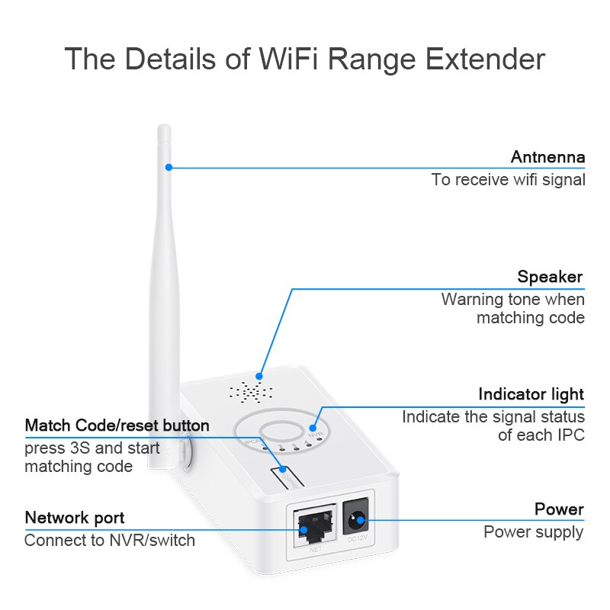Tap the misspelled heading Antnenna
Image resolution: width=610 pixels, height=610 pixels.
(x=547, y=157)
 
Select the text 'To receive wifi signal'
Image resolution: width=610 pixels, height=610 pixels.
(x=508, y=180)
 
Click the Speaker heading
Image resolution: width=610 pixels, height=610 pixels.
(x=550, y=277)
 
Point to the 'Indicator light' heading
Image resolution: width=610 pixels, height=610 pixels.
(x=531, y=394)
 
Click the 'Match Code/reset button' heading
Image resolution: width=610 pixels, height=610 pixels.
(x=117, y=425)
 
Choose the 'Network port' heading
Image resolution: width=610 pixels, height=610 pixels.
(x=75, y=518)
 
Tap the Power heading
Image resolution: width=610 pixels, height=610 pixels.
(x=559, y=509)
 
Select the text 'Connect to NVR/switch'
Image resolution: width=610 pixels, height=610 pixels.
(x=110, y=541)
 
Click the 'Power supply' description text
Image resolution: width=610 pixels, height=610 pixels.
(x=534, y=532)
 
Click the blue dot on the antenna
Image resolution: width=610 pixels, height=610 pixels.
(x=169, y=167)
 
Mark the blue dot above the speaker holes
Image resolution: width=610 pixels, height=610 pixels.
(x=259, y=376)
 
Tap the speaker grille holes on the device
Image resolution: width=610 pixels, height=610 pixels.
(x=251, y=393)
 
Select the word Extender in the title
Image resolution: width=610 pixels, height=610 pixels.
(x=482, y=59)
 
